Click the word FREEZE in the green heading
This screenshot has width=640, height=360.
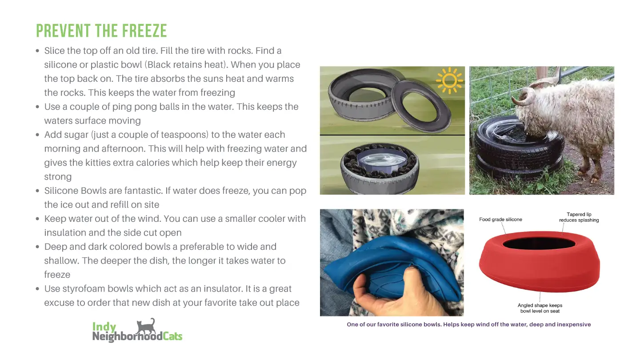(144, 31)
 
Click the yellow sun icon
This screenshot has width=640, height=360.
(449, 80)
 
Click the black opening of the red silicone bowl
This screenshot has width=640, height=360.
(539, 244)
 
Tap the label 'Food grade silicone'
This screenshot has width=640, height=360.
(500, 220)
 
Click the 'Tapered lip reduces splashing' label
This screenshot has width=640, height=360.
(579, 217)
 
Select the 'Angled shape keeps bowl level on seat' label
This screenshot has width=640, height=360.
(540, 308)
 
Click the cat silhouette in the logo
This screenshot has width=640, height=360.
(146, 327)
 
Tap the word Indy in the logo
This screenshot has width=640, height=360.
(104, 326)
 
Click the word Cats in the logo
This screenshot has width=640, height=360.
(172, 336)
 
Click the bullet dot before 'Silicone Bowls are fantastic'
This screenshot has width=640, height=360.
(37, 191)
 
